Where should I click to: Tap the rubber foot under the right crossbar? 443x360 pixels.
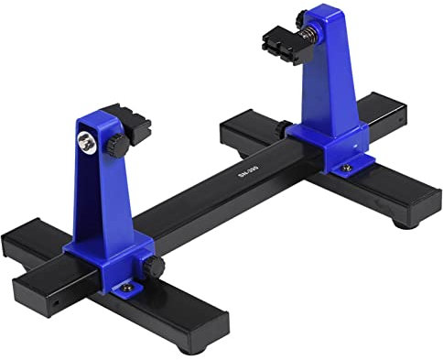404,221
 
